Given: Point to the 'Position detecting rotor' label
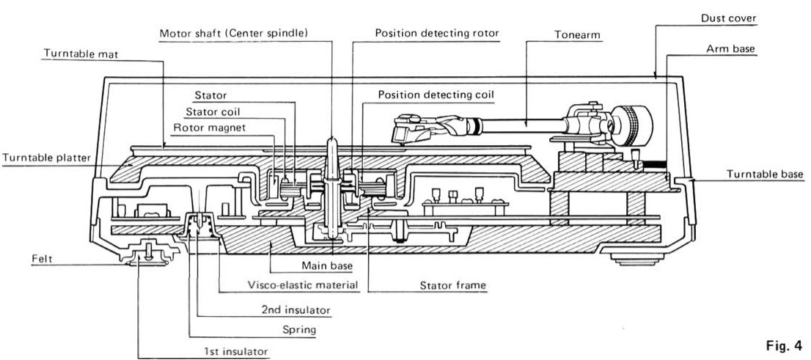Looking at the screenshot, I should coord(437,34).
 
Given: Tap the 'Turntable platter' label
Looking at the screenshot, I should coord(44,157).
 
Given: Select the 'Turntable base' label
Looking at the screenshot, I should coord(766,174).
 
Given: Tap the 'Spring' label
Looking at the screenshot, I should coord(301,330).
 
